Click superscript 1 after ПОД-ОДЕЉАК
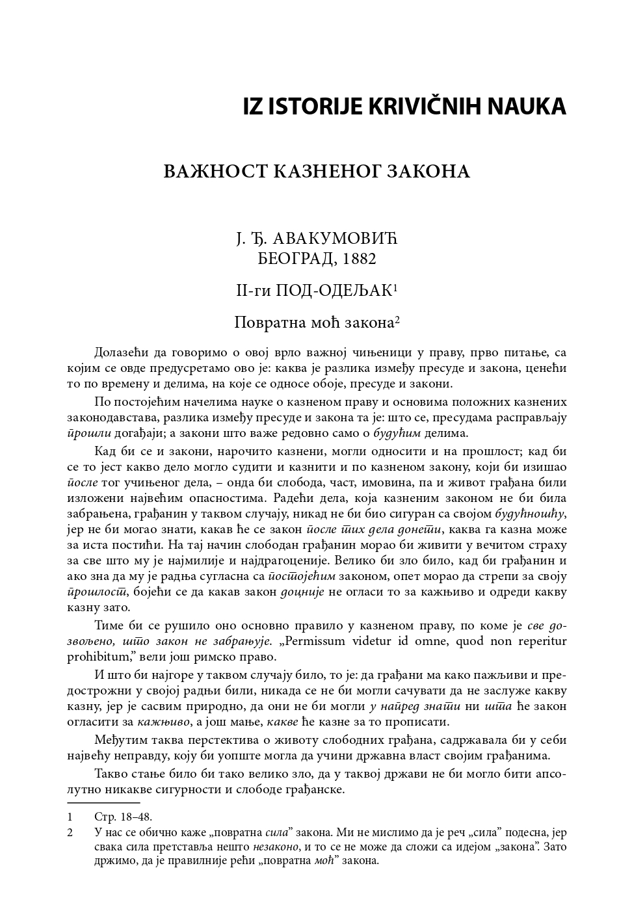click(395, 287)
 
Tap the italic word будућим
click(397, 433)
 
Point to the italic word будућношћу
click(530, 514)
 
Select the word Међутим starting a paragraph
click(118, 740)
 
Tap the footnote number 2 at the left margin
click(70, 832)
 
